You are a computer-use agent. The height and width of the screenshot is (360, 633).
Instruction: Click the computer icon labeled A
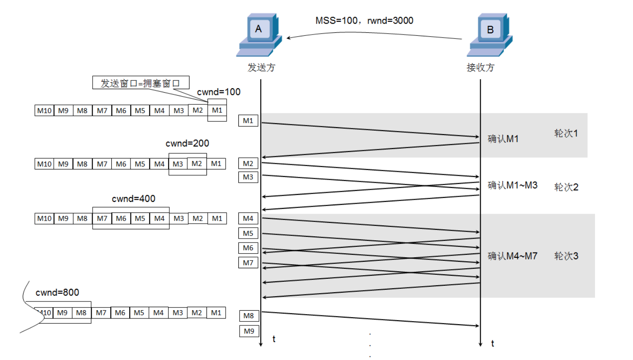coord(259,35)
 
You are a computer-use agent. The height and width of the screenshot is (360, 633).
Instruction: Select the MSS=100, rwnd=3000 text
coord(364,21)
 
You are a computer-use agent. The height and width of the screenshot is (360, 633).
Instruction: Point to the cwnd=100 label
coord(219,92)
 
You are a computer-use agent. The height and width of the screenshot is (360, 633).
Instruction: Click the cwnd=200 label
coord(187,143)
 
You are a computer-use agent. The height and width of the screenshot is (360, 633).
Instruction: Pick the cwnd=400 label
coord(134,199)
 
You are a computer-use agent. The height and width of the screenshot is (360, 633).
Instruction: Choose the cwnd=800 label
coord(57,293)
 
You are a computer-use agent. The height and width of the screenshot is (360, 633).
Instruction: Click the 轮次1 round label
coord(566,133)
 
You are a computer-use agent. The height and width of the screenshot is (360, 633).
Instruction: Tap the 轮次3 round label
coord(566,256)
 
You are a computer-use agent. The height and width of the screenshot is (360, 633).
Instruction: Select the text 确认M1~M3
coord(513,185)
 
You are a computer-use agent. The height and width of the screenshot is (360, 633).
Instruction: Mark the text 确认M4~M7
coord(513,256)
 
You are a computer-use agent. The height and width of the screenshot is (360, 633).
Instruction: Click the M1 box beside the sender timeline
coord(248,121)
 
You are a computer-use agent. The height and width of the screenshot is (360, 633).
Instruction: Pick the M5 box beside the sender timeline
coord(248,233)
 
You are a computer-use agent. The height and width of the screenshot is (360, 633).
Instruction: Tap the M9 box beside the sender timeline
coord(248,331)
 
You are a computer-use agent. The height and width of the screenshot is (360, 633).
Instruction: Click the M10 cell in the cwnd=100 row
coord(44,111)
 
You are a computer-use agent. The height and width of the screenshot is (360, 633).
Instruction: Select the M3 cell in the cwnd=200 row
coord(178,164)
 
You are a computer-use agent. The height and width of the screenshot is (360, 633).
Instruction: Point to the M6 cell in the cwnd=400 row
coord(121,218)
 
